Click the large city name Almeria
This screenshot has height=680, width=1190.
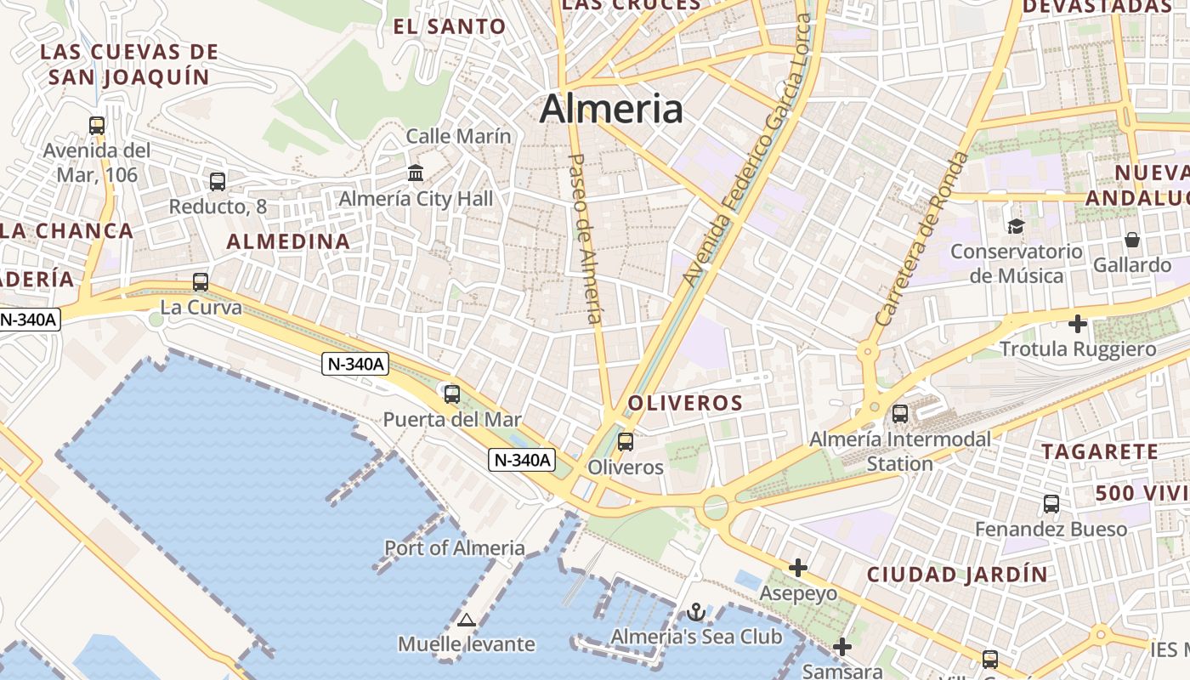[611, 109]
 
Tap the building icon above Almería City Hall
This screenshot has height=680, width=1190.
[416, 173]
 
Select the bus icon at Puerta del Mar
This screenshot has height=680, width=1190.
[452, 394]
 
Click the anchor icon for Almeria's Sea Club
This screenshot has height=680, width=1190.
[696, 612]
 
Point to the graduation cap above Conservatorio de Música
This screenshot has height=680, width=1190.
[1016, 226]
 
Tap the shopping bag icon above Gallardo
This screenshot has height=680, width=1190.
[1131, 240]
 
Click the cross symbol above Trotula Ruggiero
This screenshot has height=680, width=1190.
[1078, 324]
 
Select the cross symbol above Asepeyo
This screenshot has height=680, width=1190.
[798, 567]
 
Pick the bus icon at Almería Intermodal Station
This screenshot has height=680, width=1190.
[900, 414]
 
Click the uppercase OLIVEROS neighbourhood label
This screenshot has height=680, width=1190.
[685, 403]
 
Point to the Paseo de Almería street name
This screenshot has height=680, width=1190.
[585, 238]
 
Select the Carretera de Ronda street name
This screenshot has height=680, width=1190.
[921, 239]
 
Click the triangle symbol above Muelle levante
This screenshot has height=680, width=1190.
[466, 620]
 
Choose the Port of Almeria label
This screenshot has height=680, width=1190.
[455, 547]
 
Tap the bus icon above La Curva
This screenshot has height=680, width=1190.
[201, 282]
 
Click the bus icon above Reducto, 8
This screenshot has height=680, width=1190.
[218, 181]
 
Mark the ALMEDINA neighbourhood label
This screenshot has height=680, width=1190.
[288, 241]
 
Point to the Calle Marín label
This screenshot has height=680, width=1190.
[458, 136]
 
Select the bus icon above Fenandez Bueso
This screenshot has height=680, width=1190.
[1051, 504]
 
